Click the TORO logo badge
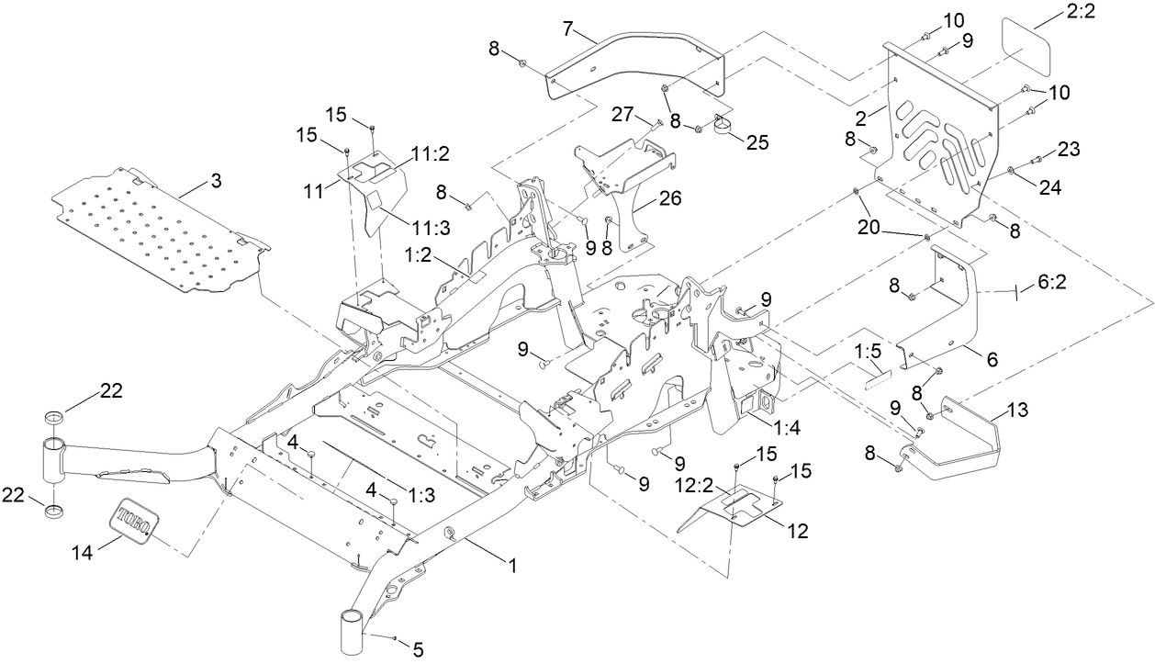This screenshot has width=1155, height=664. click(x=134, y=520)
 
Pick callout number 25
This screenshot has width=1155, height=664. click(x=757, y=142)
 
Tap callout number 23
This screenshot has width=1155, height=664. click(x=1067, y=149)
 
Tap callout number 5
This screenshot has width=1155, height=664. click(x=417, y=649)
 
